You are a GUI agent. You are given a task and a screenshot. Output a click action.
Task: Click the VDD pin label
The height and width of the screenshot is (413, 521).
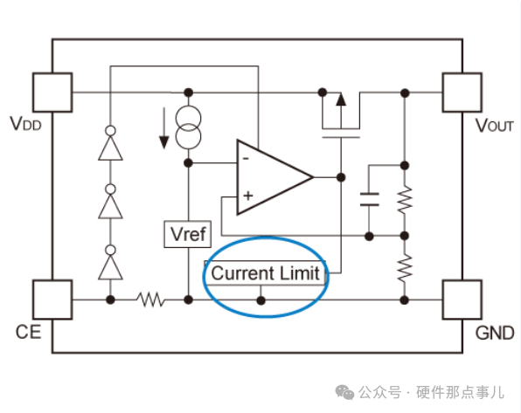(x=28, y=124)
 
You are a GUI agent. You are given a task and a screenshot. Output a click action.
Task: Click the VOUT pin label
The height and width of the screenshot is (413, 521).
(x=494, y=125)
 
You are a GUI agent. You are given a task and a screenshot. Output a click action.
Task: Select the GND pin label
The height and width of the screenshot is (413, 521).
(x=494, y=334)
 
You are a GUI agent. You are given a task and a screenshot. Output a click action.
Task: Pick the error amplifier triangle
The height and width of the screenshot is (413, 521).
(x=269, y=177)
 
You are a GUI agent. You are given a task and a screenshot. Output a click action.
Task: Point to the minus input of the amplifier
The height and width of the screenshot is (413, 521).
(x=247, y=159)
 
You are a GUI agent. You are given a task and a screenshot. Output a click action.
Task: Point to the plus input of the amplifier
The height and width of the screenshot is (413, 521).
(x=247, y=196)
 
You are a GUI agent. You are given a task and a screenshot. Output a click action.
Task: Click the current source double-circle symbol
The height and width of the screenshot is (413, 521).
(x=187, y=127)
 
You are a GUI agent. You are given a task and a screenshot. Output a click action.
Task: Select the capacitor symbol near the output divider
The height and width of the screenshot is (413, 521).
(x=370, y=198)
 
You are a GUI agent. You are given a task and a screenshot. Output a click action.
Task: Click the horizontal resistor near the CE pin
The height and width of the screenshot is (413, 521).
(x=151, y=299)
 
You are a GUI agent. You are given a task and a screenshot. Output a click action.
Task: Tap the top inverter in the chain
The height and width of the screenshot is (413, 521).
(x=110, y=145)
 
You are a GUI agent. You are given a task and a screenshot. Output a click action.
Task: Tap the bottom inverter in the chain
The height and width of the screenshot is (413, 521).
(x=110, y=263)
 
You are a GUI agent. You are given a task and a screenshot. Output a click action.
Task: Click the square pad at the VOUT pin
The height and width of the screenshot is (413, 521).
(x=462, y=91)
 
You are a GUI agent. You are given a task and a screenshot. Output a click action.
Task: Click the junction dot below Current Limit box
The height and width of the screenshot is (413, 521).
(x=260, y=299)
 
